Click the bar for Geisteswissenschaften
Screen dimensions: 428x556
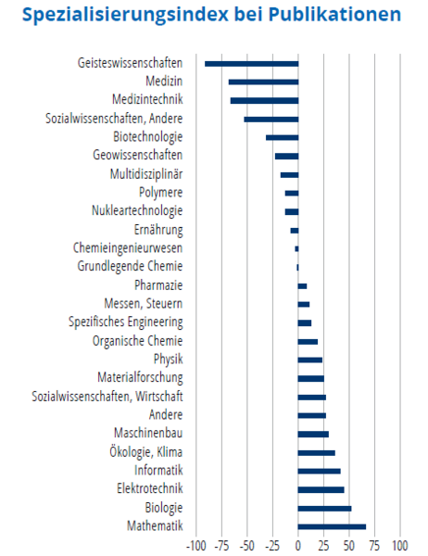pos(251,64)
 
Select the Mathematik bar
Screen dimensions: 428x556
pos(332,527)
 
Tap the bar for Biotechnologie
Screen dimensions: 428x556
pos(283,137)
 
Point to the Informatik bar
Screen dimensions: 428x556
pos(319,472)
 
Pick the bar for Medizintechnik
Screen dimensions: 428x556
pos(265,101)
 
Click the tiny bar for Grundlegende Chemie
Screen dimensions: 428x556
pos(297,268)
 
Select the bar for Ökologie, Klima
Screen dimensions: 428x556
pos(316,453)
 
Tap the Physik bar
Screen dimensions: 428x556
pos(310,360)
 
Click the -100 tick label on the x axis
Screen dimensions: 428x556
pos(196,546)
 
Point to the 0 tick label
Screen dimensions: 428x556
pos(298,546)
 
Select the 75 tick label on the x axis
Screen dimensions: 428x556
pos(374,546)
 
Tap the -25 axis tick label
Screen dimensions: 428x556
pos(272,546)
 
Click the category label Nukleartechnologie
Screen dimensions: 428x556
pos(137,210)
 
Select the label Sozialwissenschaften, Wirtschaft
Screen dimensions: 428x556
pos(107,396)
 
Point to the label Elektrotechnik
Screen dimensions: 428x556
pos(150,488)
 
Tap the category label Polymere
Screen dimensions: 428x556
pos(160,193)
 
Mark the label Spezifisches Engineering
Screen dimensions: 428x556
pos(125,322)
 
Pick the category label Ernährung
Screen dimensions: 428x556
pos(158,230)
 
